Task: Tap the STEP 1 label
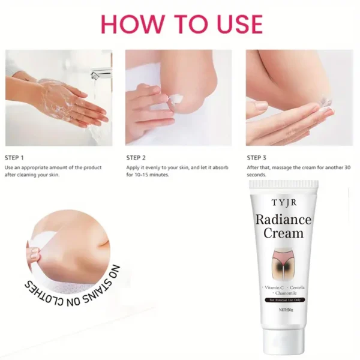pos(14,157)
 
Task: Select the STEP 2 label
pos(136,157)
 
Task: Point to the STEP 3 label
pos(257,157)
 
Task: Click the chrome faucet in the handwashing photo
pos(101,73)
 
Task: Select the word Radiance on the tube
pos(284,219)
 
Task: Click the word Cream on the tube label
pos(284,233)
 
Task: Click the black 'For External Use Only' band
pos(283,299)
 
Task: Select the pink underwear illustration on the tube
pos(283,259)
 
